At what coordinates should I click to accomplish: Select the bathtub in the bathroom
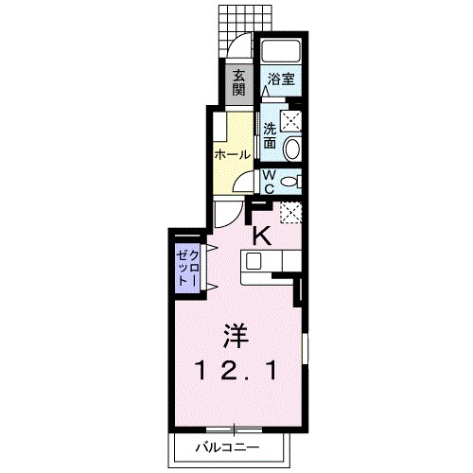pyautogui.click(x=280, y=54)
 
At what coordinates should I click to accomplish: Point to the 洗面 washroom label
pyautogui.click(x=270, y=135)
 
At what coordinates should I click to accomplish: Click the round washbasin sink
pyautogui.click(x=292, y=148)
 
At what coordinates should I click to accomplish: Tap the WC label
pyautogui.click(x=269, y=180)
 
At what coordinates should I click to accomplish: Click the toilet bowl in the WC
pyautogui.click(x=290, y=179)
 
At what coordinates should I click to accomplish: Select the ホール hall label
pyautogui.click(x=232, y=153)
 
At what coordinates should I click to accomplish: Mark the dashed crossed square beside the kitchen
pyautogui.click(x=289, y=214)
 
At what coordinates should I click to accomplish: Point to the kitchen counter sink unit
pyautogui.click(x=270, y=265)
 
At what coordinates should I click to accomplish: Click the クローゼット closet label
pyautogui.click(x=184, y=268)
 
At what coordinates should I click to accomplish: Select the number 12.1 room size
pyautogui.click(x=236, y=372)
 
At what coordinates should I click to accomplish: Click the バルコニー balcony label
pyautogui.click(x=227, y=445)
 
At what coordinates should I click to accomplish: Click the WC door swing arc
pyautogui.click(x=247, y=184)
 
